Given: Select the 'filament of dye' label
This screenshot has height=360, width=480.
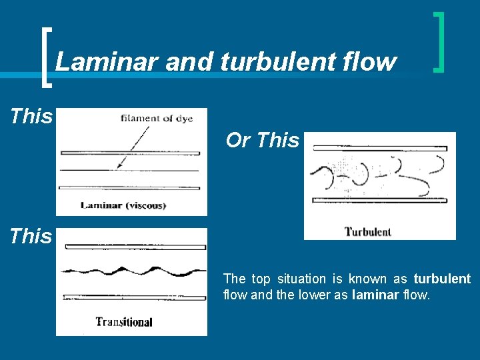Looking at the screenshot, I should point(157,119).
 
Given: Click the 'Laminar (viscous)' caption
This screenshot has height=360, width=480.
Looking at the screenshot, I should point(123,205).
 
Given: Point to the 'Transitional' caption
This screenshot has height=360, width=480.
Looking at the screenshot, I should point(124,322).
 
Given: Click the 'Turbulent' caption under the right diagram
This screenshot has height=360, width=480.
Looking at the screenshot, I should point(367,232).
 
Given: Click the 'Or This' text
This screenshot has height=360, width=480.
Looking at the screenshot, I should point(263,141).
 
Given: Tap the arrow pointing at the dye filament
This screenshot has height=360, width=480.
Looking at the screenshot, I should point(133,147).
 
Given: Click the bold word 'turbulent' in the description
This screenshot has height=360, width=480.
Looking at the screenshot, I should point(442,279).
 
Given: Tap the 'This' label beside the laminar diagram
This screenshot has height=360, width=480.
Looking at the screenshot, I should point(31,117).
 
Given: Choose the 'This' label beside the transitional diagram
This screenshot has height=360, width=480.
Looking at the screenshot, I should point(31,236).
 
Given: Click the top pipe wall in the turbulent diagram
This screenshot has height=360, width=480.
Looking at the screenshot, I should point(379,146).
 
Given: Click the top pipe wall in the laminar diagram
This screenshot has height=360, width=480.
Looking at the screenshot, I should point(130,153).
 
